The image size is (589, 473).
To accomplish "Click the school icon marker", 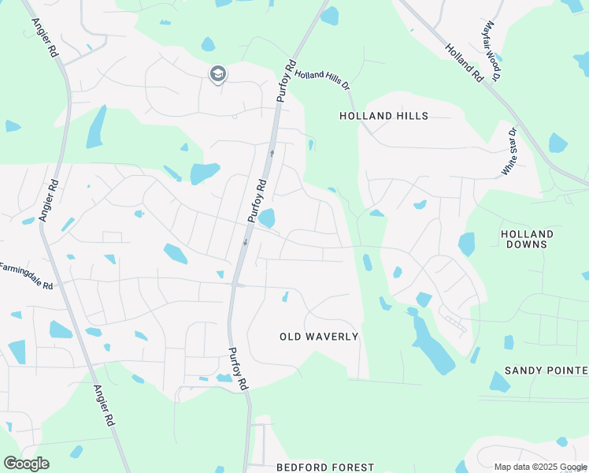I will click(217, 74).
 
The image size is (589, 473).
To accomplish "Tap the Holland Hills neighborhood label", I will click(383, 116).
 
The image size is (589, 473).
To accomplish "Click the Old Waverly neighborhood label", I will click(319, 337).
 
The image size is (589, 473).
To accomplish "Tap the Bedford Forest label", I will click(325, 467).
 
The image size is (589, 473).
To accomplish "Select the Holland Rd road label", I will click(464, 63).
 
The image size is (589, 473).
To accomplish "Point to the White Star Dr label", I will click(509, 152).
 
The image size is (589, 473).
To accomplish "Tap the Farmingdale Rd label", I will click(26, 276).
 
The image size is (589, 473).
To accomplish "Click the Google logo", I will click(26, 464).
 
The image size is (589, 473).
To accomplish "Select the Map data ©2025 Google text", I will click(539, 467).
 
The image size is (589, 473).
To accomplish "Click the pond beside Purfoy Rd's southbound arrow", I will click(266, 217).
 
